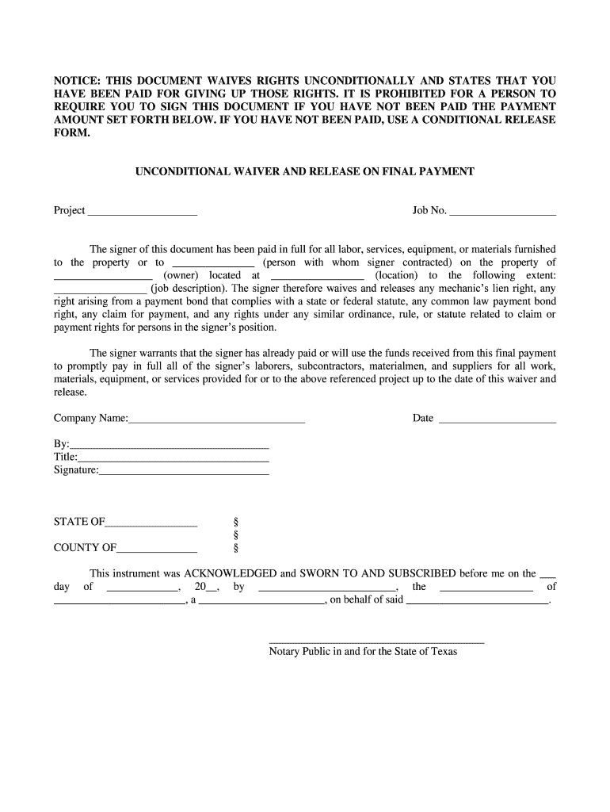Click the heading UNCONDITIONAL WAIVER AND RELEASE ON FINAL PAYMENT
click(305, 171)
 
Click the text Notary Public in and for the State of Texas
click(363, 652)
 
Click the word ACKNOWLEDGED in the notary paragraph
click(229, 573)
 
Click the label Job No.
click(429, 210)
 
